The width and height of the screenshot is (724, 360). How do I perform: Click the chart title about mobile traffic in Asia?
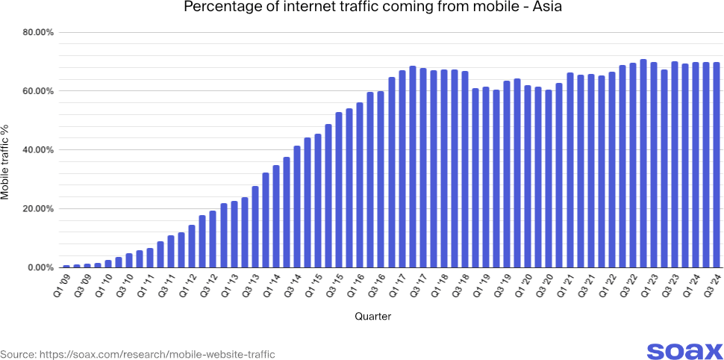(362, 9)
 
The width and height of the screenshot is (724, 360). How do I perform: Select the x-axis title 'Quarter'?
(372, 317)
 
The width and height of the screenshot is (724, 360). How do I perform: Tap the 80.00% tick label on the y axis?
(35, 33)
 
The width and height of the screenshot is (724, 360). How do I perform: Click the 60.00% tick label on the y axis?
(35, 91)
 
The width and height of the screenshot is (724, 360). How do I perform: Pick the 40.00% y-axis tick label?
(35, 150)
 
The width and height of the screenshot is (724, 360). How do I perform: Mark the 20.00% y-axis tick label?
(35, 209)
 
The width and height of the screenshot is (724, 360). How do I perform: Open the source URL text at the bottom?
(138, 354)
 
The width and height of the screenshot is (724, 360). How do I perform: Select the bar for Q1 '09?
(66, 266)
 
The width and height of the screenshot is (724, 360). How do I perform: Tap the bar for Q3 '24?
(716, 165)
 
